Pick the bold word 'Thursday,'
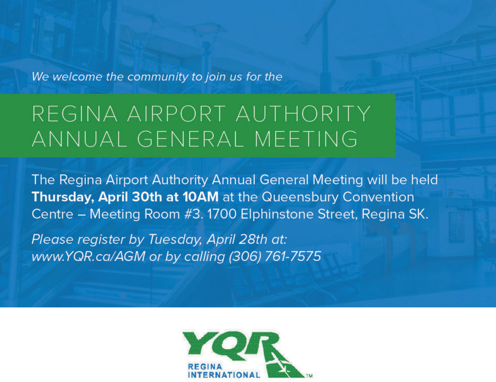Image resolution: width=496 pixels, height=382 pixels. coord(63,197)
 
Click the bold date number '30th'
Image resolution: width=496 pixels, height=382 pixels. coord(147,197)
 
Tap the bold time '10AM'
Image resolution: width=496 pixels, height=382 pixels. coord(200,197)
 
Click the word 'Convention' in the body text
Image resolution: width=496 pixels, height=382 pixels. coord(378,197)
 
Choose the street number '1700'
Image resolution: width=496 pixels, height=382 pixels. coord(222,214)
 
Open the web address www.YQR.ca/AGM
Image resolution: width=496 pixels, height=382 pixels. coord(89,256)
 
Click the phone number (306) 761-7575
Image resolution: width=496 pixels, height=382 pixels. coord(275,256)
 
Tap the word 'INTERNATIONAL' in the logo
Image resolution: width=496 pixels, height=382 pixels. coord(224,375)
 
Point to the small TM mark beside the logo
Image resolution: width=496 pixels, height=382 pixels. coord(310,376)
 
